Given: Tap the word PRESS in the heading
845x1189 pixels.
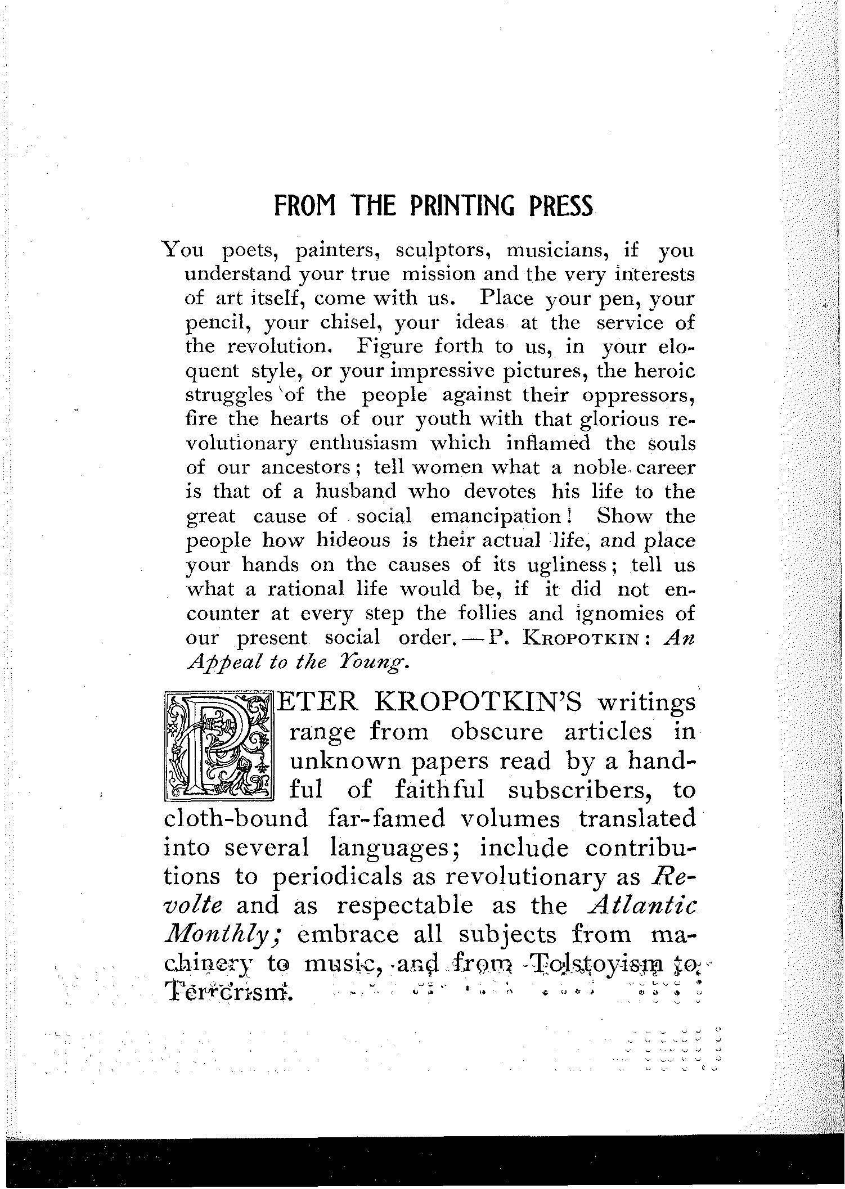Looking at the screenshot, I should (x=560, y=207).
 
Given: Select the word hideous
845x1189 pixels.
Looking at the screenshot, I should (x=353, y=541).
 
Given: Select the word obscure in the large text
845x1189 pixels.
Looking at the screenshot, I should (x=497, y=733).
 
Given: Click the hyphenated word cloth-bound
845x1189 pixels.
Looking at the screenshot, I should (x=236, y=819).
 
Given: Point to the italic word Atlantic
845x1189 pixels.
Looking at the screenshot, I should (x=641, y=906).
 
